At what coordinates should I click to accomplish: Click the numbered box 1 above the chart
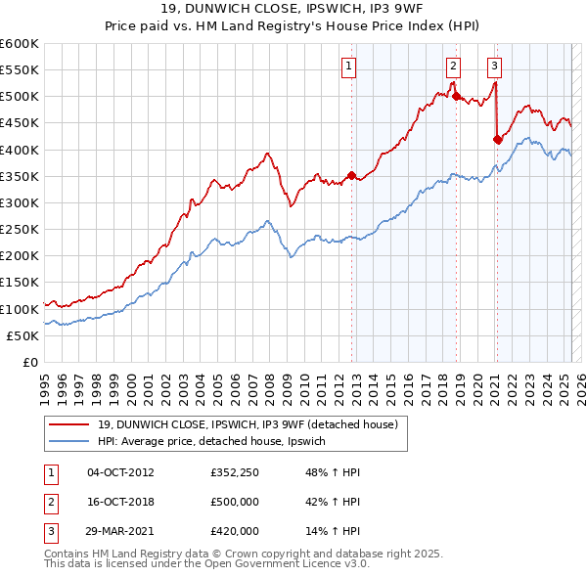coord(349,67)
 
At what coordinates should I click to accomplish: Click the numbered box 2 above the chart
coord(454,67)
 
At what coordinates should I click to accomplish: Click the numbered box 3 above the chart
coord(495,67)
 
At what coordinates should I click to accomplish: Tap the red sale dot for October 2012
coord(352,175)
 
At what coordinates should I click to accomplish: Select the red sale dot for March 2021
coord(497,139)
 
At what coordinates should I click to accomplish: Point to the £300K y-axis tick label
coord(20,202)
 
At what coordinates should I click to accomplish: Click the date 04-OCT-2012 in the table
coord(120,472)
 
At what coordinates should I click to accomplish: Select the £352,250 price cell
coord(235,472)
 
